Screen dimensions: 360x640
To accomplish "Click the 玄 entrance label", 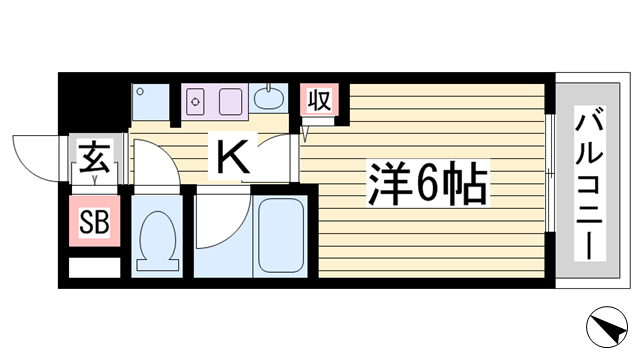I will pyautogui.click(x=94, y=157).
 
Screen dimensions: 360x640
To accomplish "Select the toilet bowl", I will pyautogui.click(x=156, y=241).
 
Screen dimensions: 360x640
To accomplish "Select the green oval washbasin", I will pyautogui.click(x=268, y=98).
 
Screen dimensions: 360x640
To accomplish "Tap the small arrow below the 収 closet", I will pyautogui.click(x=309, y=130).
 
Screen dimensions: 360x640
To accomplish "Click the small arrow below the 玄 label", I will pyautogui.click(x=95, y=180).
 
